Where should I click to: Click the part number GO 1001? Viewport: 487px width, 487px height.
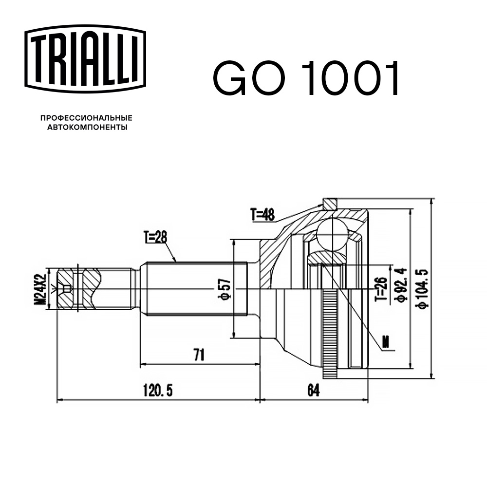(306, 78)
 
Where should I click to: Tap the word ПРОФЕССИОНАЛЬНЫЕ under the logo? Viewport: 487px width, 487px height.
(86, 118)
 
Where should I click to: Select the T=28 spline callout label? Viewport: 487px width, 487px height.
(155, 238)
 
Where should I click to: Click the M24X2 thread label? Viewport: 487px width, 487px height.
(42, 288)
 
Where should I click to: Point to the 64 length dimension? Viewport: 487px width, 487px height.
(314, 390)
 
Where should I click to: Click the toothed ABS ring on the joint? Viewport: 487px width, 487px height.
(333, 331)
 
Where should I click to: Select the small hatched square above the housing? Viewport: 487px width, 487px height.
(330, 202)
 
